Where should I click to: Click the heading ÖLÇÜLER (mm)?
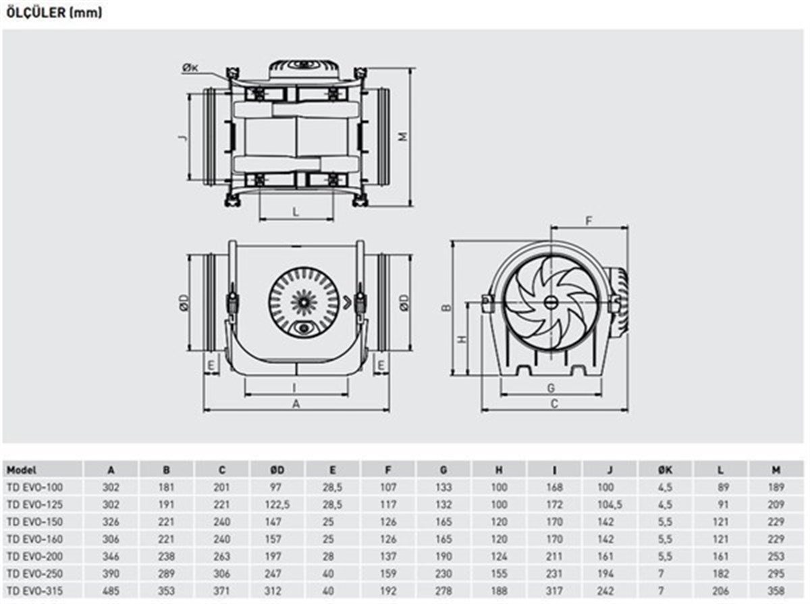tap(55, 13)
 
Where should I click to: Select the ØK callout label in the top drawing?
tap(190, 68)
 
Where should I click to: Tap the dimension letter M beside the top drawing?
tap(402, 136)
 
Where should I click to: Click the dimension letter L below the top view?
tap(296, 211)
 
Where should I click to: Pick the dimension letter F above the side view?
tap(589, 220)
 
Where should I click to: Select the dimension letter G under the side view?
tap(551, 388)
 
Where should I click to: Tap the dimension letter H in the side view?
tap(462, 339)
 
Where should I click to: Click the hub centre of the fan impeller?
tap(550, 302)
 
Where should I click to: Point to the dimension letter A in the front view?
tap(296, 404)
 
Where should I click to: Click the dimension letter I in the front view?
tap(294, 388)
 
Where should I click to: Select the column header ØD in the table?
tap(277, 470)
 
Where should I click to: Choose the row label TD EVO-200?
tap(34, 556)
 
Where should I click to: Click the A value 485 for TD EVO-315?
tap(111, 591)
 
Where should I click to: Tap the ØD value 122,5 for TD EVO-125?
tap(277, 505)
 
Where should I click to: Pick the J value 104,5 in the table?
tap(610, 505)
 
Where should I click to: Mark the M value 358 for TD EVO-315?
tap(776, 591)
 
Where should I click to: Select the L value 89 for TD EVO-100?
tap(723, 487)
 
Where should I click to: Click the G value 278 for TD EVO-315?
tap(443, 591)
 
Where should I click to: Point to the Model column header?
tap(22, 470)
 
